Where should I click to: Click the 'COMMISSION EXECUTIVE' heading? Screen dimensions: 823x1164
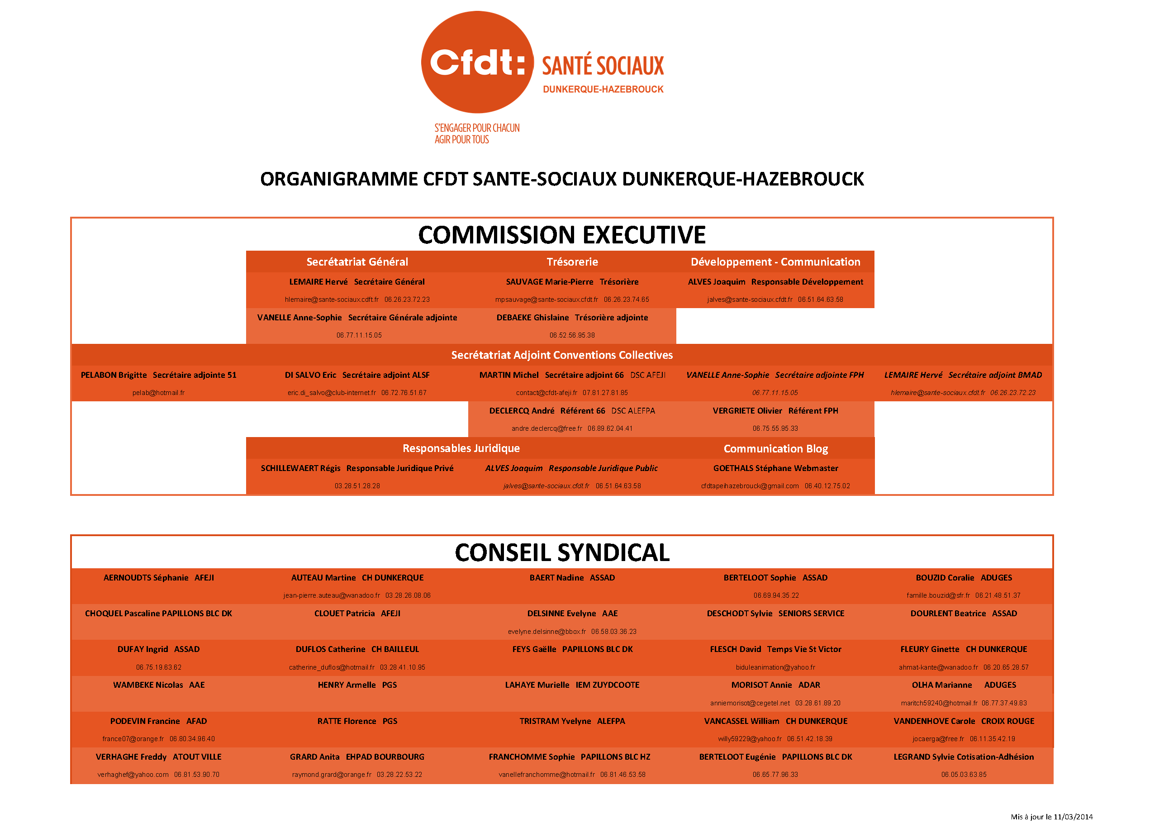point(561,235)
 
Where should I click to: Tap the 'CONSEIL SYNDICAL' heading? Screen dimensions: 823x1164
point(562,553)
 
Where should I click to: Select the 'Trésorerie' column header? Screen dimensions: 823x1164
point(572,262)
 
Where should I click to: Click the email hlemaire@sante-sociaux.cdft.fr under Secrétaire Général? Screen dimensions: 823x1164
point(332,300)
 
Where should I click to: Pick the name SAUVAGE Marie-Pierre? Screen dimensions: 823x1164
point(549,282)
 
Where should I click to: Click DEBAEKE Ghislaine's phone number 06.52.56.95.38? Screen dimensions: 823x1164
point(572,335)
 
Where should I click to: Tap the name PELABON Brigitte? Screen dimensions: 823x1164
point(114,375)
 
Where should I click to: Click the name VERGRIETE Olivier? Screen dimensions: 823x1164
point(747,411)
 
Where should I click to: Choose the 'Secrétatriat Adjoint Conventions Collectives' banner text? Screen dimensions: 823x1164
point(562,355)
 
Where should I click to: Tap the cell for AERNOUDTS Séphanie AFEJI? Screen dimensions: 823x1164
point(159,578)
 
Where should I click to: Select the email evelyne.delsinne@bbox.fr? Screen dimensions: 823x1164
point(546,632)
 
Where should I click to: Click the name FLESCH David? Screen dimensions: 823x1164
point(735,650)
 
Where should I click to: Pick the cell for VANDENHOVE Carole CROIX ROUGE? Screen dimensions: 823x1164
point(963,721)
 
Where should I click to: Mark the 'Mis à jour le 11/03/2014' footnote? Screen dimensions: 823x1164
point(1051,816)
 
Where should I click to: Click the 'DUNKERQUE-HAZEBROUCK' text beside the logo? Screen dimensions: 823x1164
point(603,89)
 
